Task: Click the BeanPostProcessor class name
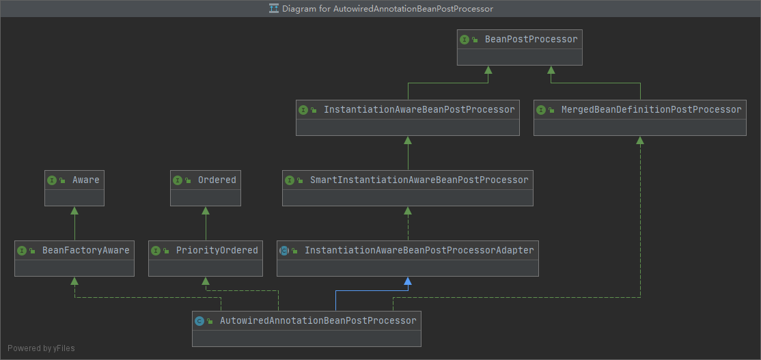[531, 40]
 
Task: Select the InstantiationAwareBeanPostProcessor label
[419, 110]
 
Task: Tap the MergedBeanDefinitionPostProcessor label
[650, 110]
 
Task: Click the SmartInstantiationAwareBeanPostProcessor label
[419, 180]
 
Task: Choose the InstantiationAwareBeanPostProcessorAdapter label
[419, 251]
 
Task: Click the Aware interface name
[85, 180]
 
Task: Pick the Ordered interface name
[217, 180]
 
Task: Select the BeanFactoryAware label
[85, 251]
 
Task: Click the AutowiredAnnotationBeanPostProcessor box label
[318, 321]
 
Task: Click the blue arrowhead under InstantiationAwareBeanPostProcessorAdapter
[408, 281]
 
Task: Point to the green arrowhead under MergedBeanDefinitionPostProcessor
[640, 140]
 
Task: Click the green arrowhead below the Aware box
[74, 210]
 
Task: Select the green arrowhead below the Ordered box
[206, 210]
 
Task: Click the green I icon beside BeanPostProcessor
[465, 40]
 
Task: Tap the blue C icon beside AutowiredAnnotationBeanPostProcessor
[199, 321]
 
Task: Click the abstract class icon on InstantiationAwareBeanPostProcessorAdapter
[284, 251]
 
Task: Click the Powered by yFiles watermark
[41, 348]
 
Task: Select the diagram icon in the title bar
[274, 9]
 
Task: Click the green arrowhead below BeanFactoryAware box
[74, 281]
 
